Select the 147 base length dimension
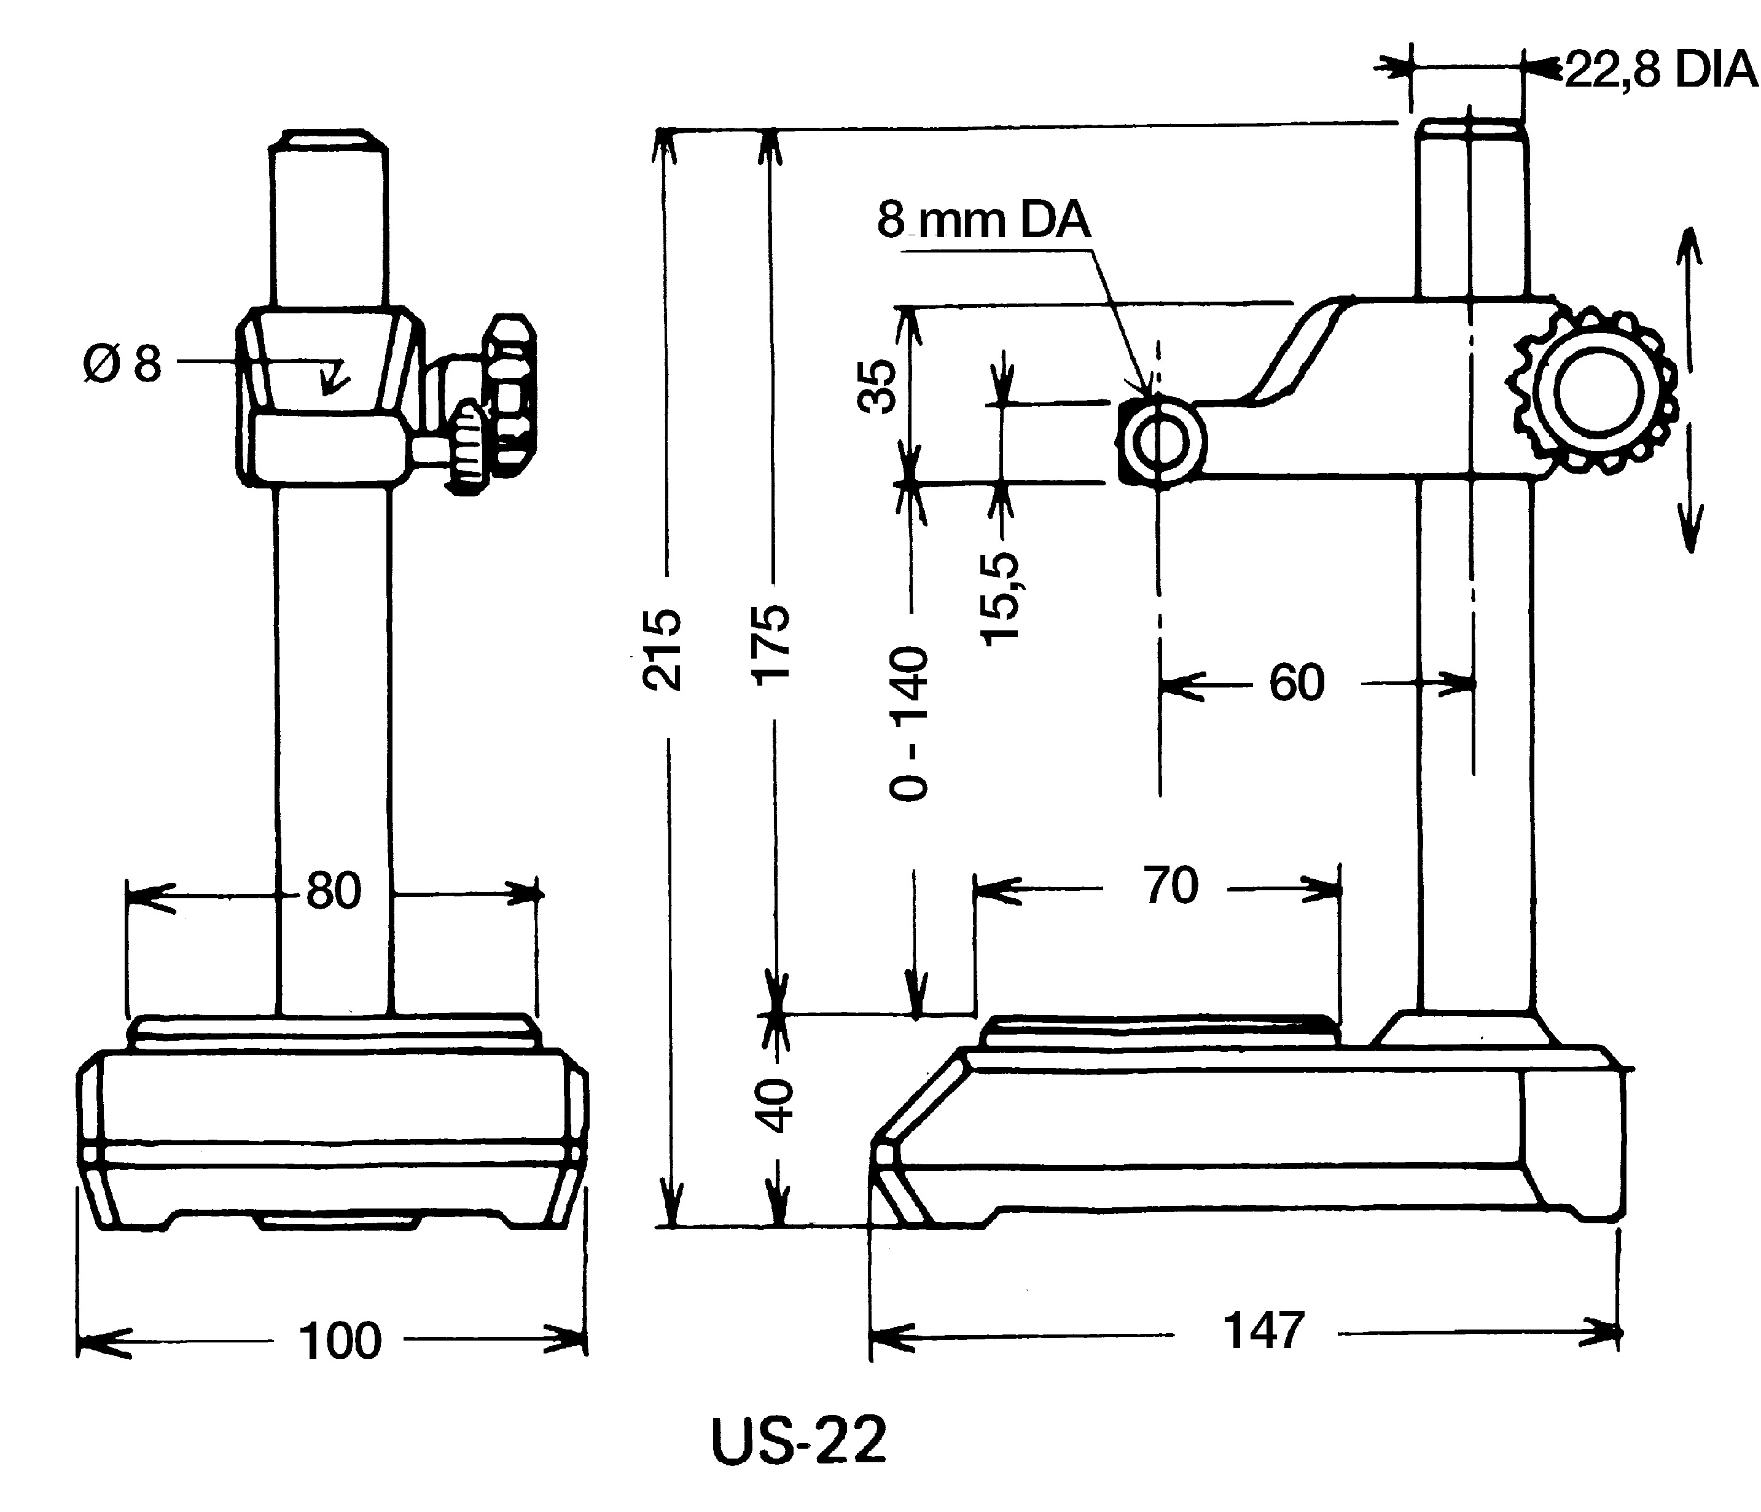tap(1263, 1331)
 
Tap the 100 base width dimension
tap(340, 1341)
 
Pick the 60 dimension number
tap(1296, 683)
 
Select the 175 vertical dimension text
tap(771, 644)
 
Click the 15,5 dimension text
tap(1001, 598)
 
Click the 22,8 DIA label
tap(1660, 69)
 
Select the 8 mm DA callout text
tap(983, 219)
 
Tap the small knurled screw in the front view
tap(467, 448)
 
